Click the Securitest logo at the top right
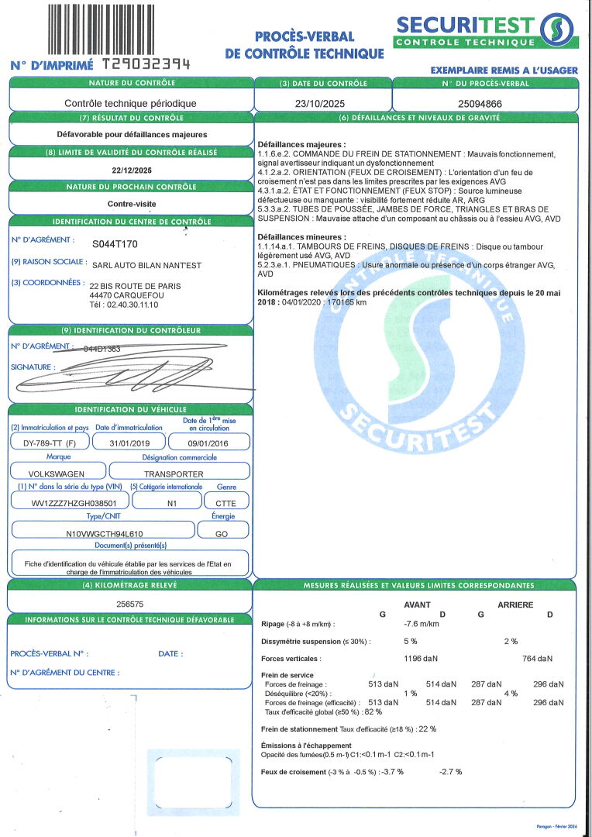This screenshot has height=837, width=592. coord(487,31)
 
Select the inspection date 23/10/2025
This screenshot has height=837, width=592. coord(322,103)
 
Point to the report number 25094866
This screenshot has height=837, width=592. coord(480,103)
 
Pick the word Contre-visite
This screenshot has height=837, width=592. coord(131,205)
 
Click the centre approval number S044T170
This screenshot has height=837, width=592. coord(115,244)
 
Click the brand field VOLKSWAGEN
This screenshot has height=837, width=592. coord(57,474)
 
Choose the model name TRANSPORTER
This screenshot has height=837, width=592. coord(174,474)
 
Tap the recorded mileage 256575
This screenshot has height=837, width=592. coord(129,602)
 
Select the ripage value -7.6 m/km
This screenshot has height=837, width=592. coord(422,623)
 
